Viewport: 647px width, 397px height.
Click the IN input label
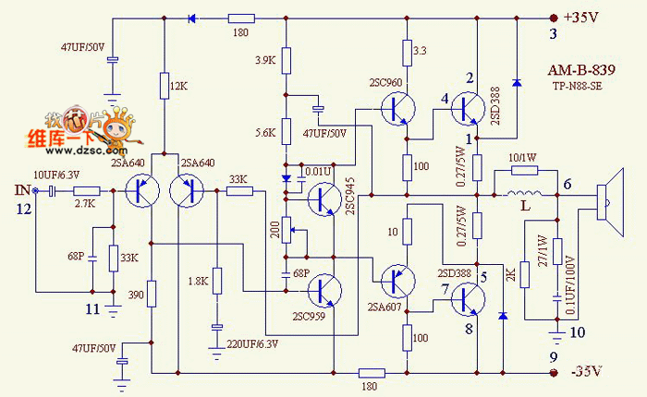[20, 190]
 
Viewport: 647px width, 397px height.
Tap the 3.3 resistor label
[419, 50]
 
